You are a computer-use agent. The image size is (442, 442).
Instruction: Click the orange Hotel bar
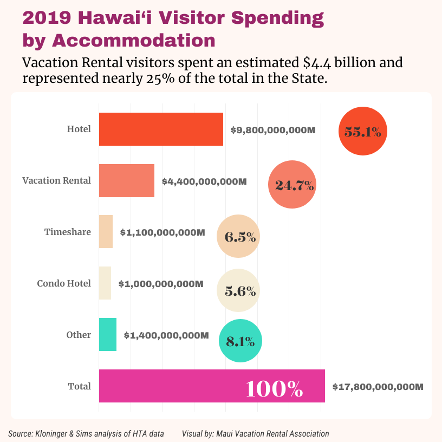pyautogui.click(x=161, y=129)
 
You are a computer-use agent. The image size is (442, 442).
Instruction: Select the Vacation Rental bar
pyautogui.click(x=126, y=180)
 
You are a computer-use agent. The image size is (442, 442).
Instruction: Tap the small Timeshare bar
pyautogui.click(x=106, y=232)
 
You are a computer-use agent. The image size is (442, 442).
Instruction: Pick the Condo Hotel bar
pyautogui.click(x=105, y=283)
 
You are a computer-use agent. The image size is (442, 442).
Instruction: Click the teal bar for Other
pyautogui.click(x=107, y=335)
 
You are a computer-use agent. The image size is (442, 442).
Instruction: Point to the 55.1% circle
pyautogui.click(x=363, y=131)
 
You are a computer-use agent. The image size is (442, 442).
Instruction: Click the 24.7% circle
pyautogui.click(x=292, y=185)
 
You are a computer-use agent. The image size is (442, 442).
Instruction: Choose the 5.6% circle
pyautogui.click(x=238, y=291)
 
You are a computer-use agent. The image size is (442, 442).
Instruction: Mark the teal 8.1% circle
pyautogui.click(x=240, y=341)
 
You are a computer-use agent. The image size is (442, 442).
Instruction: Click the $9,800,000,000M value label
pyautogui.click(x=273, y=131)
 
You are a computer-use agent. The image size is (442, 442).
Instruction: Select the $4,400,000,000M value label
pyautogui.click(x=204, y=181)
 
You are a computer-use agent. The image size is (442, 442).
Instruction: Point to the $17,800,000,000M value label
pyautogui.click(x=378, y=387)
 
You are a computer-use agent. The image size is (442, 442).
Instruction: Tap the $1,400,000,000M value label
pyautogui.click(x=166, y=336)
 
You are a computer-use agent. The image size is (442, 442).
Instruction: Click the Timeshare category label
pyautogui.click(x=67, y=232)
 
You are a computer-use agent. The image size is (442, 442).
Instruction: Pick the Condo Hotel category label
pyautogui.click(x=64, y=283)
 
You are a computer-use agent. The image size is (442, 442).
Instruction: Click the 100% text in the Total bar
pyautogui.click(x=274, y=389)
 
